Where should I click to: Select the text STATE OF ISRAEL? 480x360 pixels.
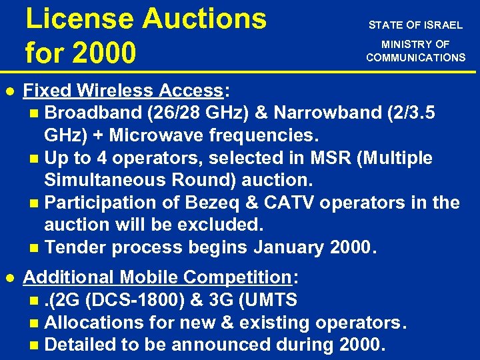[415, 25]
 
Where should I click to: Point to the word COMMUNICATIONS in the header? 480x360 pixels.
[415, 57]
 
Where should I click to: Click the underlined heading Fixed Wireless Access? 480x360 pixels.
[123, 90]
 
